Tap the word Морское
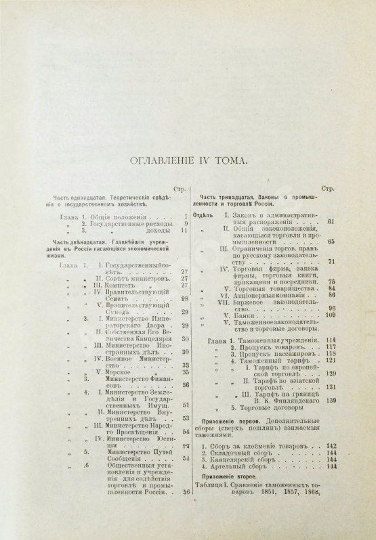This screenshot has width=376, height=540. coord(112,372)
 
